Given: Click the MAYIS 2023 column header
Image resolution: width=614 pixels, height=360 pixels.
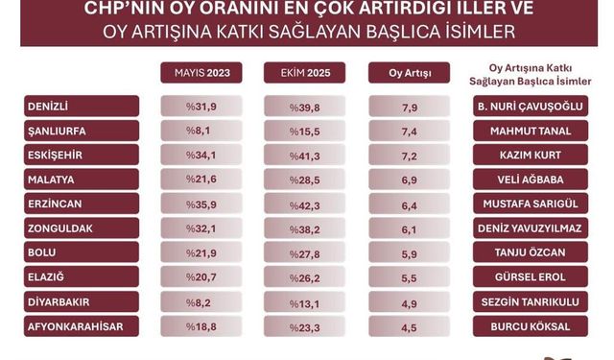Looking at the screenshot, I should tap(201, 73).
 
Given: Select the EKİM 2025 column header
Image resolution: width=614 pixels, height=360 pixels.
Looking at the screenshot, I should tap(304, 73).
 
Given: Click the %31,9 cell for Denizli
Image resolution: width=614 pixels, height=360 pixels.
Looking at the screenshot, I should tap(201, 106).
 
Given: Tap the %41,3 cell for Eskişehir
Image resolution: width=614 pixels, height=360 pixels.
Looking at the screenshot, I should tap(304, 155).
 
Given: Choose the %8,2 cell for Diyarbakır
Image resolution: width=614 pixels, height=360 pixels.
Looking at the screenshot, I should tap(201, 302).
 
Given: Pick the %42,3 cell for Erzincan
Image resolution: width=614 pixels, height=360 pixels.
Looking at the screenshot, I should tap(304, 204).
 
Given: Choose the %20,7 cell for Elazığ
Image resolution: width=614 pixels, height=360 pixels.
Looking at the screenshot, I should tap(201, 277).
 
